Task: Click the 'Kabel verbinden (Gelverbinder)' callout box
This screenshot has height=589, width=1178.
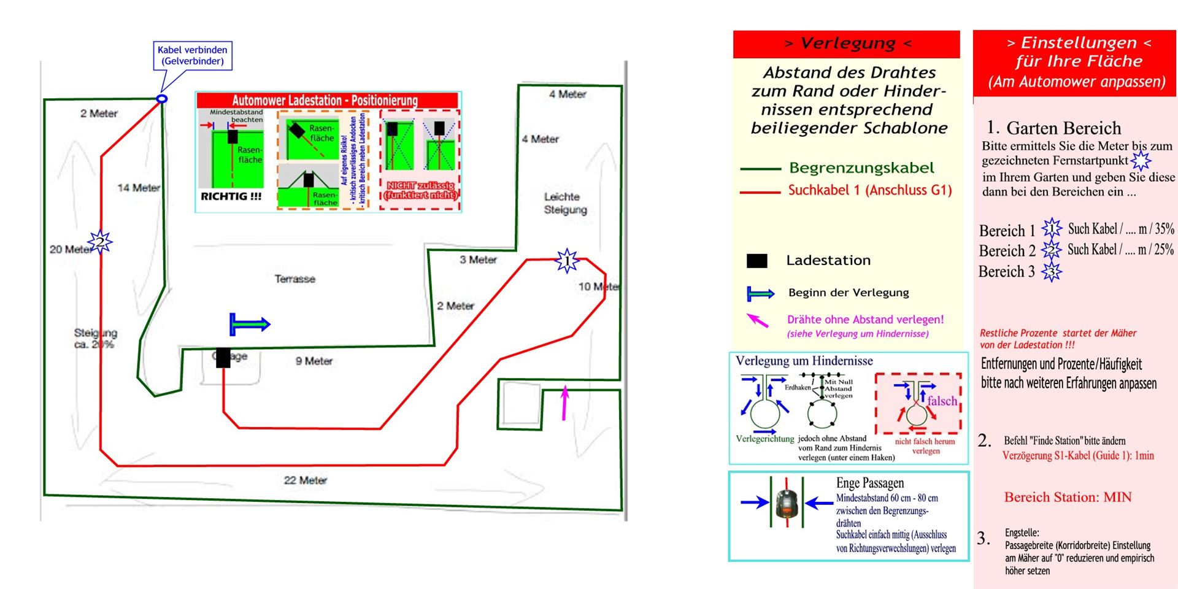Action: (193, 55)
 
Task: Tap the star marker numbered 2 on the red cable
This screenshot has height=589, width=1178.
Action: (99, 242)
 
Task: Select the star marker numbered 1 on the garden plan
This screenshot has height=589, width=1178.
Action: (567, 261)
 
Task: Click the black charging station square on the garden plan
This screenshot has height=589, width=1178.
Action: (223, 358)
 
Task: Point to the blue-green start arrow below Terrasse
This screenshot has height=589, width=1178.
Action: (249, 324)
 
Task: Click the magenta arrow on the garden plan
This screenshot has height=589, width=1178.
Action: (564, 402)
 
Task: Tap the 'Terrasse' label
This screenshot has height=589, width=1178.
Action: (295, 279)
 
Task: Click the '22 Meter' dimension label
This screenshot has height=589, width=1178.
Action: (305, 480)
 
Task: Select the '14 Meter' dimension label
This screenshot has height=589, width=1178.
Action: (139, 188)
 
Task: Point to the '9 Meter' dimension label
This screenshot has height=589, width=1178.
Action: (314, 361)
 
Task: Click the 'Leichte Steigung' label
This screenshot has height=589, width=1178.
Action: (565, 203)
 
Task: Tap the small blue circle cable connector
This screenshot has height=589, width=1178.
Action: (162, 98)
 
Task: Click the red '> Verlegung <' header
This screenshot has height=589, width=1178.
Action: (847, 44)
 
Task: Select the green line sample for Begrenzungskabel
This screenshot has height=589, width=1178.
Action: (760, 169)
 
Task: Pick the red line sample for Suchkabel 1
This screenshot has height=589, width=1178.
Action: (760, 192)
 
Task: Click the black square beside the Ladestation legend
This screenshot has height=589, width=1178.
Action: (756, 261)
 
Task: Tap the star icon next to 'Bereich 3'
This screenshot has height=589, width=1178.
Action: (1052, 272)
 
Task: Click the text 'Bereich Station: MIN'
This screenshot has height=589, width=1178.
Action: (1068, 497)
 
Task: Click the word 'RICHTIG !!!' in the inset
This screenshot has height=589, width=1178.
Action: (231, 196)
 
